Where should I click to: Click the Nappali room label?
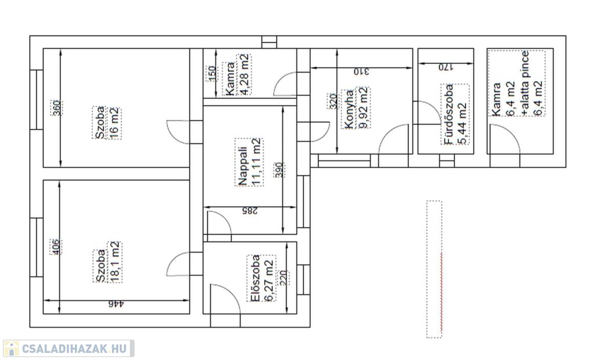point(243,167)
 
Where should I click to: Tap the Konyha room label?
point(349,109)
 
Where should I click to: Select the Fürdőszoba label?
point(449,114)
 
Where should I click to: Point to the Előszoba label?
point(255,279)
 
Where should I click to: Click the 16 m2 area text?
point(114,123)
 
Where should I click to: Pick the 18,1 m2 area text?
point(115,262)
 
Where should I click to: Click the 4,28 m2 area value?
point(245,74)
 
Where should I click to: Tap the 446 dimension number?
point(116,304)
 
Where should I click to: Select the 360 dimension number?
point(56,108)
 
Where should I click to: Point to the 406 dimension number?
point(55,247)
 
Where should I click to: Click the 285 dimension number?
point(249,211)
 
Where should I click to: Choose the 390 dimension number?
point(279,170)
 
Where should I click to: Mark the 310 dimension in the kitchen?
point(361,71)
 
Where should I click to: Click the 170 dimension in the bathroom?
point(446,67)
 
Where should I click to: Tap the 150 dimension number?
point(212,73)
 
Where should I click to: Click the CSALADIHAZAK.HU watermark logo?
point(69,348)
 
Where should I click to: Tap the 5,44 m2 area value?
point(462,124)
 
